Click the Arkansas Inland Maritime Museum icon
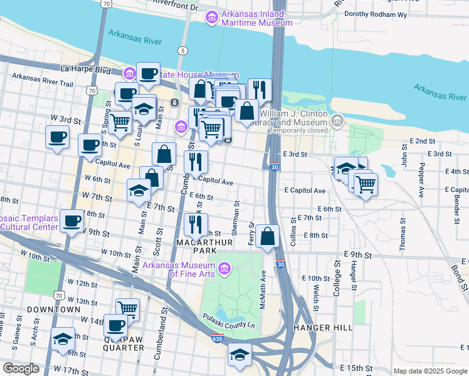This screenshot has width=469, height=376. point(212,18)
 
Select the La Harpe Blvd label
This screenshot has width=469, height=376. point(86,68)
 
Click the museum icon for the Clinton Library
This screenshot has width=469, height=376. point(337,119)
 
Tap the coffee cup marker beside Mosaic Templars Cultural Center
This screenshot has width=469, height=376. point(73,221)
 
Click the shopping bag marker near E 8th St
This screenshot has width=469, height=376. point(267,237)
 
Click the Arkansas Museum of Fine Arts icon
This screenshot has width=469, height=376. point(224,269)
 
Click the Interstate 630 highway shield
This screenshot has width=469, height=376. point(217,339)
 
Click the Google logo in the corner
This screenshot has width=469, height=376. point(21,368)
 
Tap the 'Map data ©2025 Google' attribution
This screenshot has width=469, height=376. point(429,371)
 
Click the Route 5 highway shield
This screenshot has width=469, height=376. point(182,50)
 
